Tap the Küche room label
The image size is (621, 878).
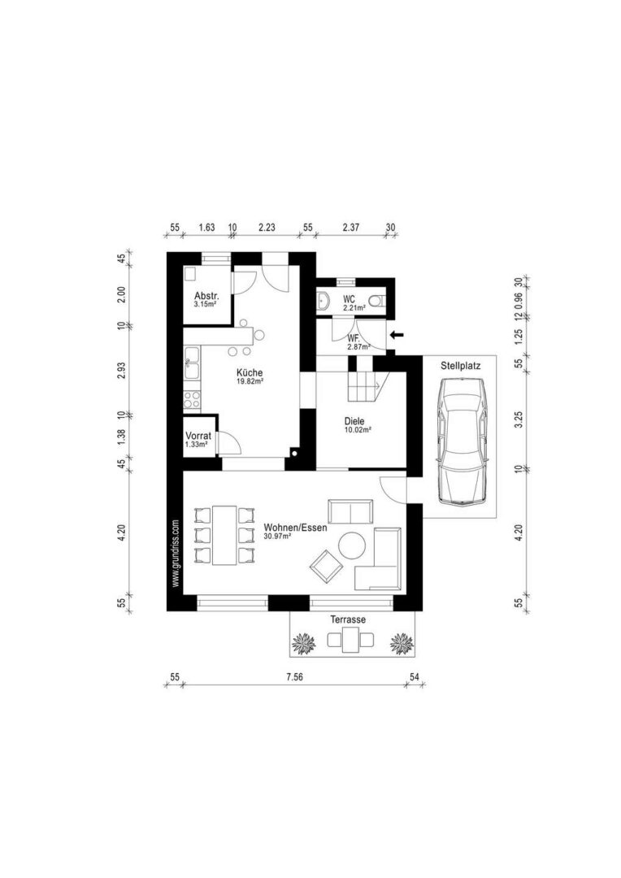coord(250,373)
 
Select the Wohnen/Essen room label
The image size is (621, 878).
coord(295,528)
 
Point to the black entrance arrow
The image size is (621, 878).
coord(397,335)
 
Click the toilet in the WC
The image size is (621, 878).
coord(379,302)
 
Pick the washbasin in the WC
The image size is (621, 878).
coord(324,302)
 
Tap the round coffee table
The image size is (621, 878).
coord(352,546)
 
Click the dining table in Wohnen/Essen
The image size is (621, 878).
coord(225,536)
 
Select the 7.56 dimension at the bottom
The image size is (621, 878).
coord(294,677)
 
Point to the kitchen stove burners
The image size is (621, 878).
coord(192,398)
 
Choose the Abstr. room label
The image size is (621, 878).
coord(206,296)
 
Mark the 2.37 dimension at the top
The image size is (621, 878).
coord(351,228)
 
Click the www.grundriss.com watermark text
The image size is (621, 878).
coord(175,554)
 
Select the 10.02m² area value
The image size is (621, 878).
coord(358,430)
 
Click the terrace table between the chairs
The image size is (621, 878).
coord(350,640)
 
